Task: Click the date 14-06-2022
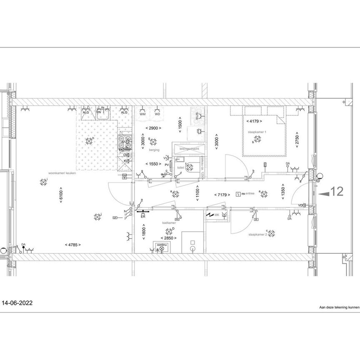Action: pyautogui.click(x=18, y=303)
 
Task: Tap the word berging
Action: pyautogui.click(x=154, y=137)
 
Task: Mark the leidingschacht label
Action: pyautogui.click(x=189, y=148)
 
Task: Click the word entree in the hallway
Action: pyautogui.click(x=250, y=193)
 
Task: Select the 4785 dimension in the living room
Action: pyautogui.click(x=72, y=245)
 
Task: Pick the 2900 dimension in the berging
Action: pyautogui.click(x=153, y=128)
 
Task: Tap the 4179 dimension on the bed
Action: pyautogui.click(x=254, y=121)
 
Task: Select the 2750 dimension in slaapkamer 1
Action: pyautogui.click(x=297, y=140)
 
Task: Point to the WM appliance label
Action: pyautogui.click(x=142, y=114)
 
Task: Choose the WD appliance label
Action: pyautogui.click(x=157, y=114)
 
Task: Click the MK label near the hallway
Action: pyautogui.click(x=217, y=215)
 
